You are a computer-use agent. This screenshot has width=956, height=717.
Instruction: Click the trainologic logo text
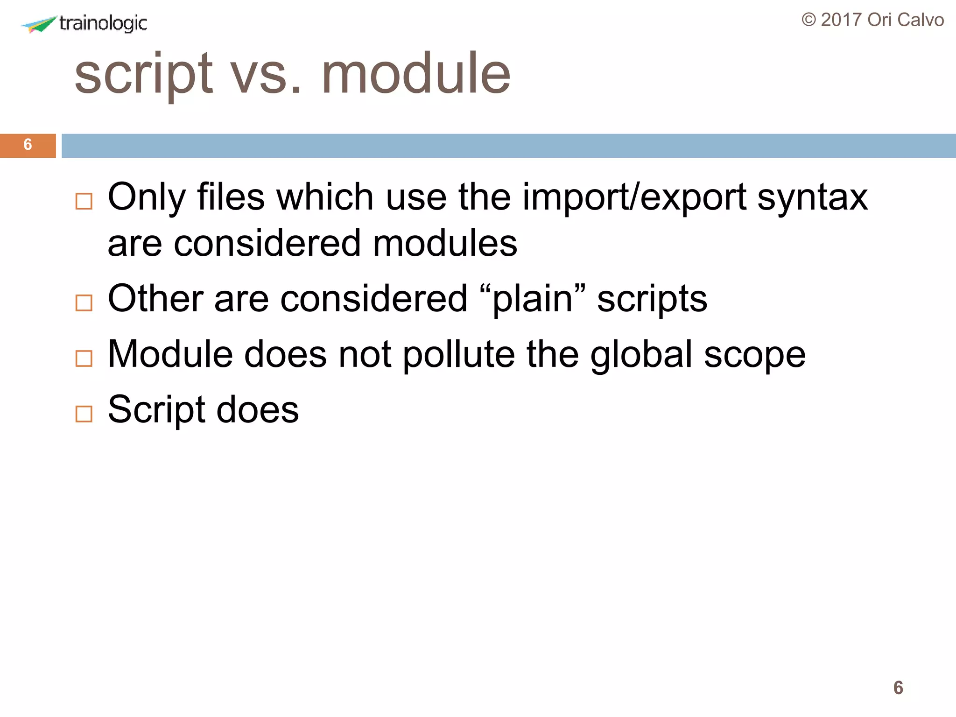click(103, 23)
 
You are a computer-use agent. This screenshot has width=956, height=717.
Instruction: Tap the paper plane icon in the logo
click(40, 24)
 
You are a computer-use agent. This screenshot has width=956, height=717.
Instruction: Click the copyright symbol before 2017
click(809, 20)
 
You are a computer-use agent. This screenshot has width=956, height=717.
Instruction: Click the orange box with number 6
click(28, 145)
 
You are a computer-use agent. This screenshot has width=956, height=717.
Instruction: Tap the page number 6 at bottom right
click(898, 688)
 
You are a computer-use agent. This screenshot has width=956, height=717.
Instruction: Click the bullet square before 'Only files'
click(84, 202)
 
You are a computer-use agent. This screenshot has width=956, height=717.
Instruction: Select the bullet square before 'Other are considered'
click(84, 303)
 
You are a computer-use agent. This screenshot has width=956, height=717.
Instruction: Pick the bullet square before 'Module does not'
click(84, 358)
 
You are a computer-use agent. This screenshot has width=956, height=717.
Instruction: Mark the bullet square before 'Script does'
click(84, 414)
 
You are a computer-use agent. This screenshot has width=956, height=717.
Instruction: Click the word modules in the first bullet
click(445, 244)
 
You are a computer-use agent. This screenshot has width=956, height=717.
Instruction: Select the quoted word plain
click(533, 300)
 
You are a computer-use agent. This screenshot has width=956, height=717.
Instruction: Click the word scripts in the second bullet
click(652, 300)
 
